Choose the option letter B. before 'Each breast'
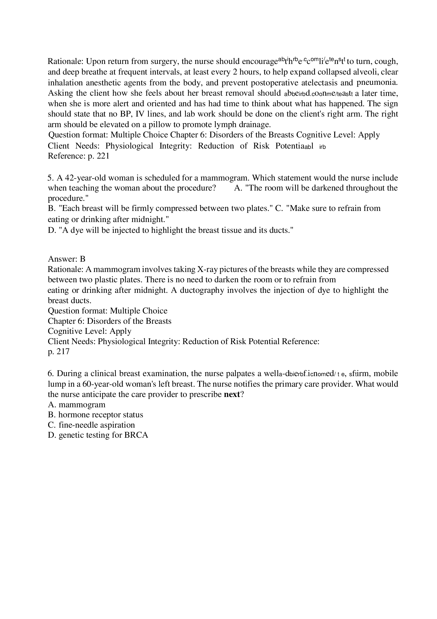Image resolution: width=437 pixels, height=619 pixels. [x=52, y=208]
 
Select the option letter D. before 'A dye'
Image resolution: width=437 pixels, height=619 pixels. [x=52, y=230]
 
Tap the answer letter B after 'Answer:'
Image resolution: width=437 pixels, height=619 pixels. [x=82, y=259]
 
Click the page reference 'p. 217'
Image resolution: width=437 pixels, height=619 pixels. [x=58, y=351]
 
